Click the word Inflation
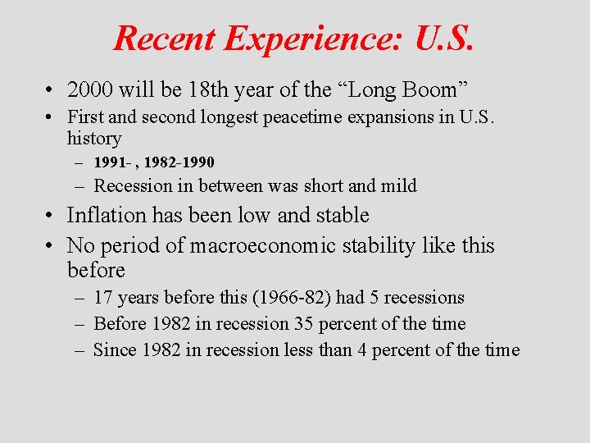[x=111, y=216]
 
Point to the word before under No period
[x=96, y=270]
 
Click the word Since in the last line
[x=116, y=349]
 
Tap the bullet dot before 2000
[x=51, y=89]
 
